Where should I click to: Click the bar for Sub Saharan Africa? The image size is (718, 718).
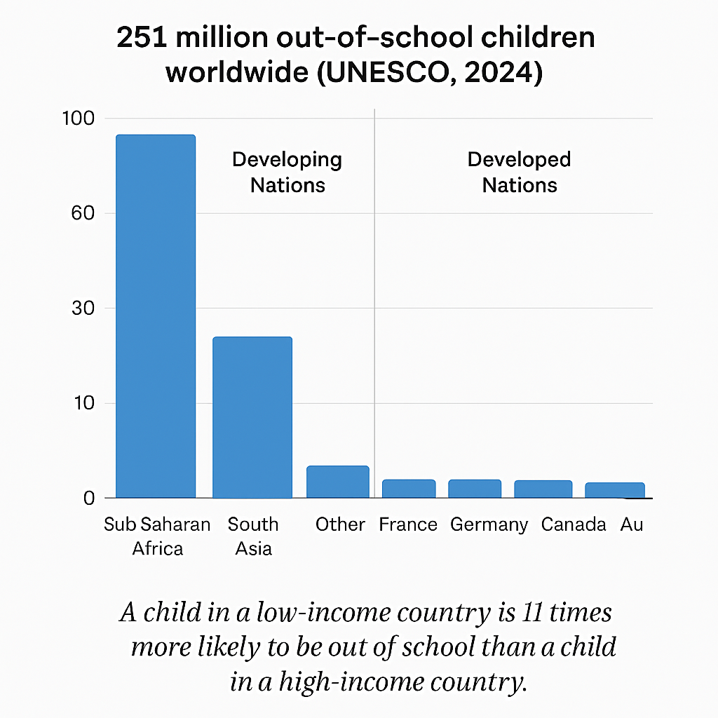[156, 316]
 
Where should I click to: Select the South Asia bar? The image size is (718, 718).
[252, 417]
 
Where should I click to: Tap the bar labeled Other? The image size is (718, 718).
[338, 482]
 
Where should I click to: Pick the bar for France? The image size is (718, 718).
[409, 489]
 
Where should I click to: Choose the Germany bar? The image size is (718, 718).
[475, 489]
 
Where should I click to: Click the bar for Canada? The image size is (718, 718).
[543, 489]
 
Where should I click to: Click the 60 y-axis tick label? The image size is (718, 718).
[82, 213]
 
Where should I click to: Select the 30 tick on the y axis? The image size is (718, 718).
[82, 309]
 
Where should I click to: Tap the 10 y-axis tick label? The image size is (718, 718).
[82, 403]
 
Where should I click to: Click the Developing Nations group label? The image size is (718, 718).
[287, 172]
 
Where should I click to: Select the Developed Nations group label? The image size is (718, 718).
[520, 172]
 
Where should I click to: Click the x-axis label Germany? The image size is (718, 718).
[489, 525]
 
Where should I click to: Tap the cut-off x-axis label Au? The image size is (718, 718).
[631, 525]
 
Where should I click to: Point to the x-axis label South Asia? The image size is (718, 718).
[253, 536]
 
